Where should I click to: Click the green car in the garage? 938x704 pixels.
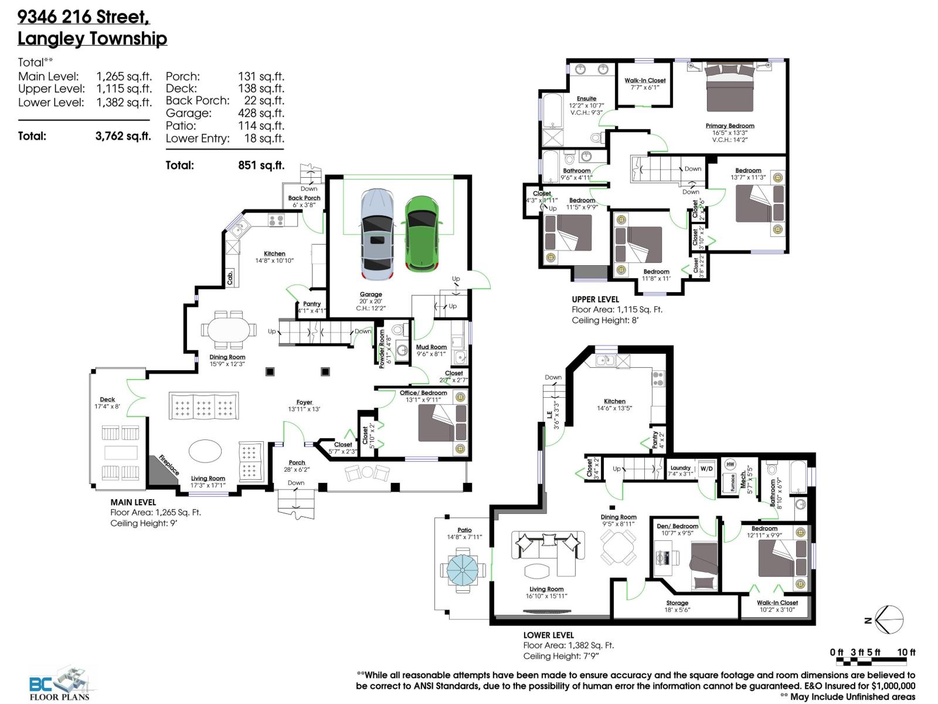[422, 233]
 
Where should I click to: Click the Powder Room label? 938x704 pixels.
[382, 348]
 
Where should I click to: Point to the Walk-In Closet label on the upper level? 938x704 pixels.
[645, 80]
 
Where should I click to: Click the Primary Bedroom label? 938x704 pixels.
[730, 126]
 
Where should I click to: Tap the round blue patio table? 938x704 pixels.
[463, 568]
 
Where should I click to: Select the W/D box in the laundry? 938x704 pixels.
[706, 469]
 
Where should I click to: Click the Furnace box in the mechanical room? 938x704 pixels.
[732, 483]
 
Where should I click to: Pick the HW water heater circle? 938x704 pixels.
[730, 464]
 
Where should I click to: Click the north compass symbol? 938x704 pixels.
[888, 620]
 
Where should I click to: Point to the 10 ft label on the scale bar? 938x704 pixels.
[906, 652]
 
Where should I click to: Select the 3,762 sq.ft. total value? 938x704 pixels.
[123, 136]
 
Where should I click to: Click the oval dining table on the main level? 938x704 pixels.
[228, 330]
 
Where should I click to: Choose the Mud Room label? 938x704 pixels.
[431, 347]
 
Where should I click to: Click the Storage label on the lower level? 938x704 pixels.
[677, 603]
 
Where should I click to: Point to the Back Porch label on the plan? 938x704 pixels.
[304, 198]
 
